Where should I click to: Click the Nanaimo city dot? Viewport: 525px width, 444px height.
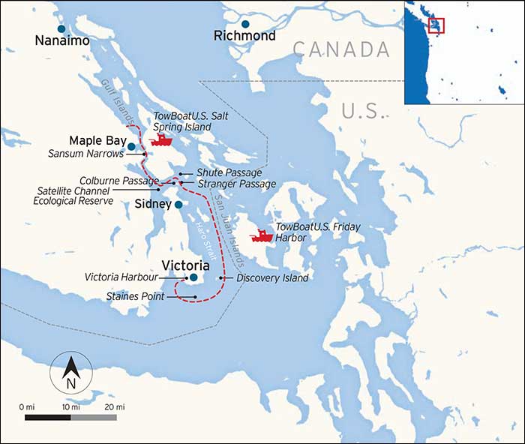61,28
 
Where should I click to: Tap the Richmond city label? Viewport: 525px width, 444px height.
244,36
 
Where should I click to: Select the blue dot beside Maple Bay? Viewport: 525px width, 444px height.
131,146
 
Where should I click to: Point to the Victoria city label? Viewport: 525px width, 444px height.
184,264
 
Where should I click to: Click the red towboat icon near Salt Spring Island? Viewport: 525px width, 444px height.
161,139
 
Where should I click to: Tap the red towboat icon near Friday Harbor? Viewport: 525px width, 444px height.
262,235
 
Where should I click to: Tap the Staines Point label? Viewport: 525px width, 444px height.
135,297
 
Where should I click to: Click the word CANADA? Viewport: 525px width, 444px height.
341,50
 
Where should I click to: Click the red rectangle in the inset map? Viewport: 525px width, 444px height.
436,25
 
